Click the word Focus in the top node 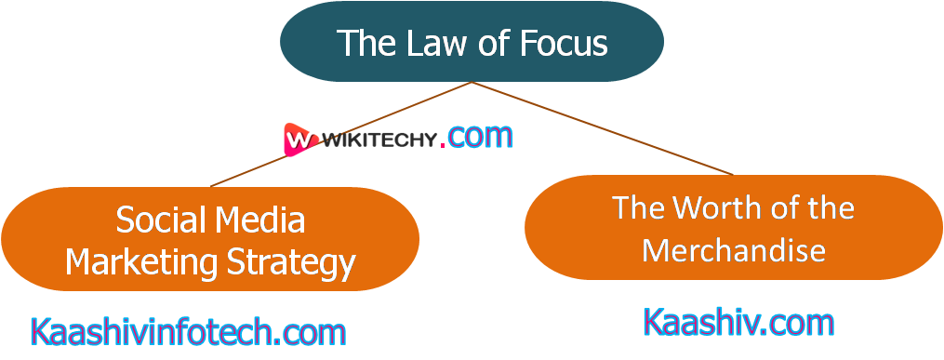(565, 43)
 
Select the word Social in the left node (160, 220)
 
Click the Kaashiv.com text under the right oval (738, 323)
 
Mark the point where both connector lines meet (472, 83)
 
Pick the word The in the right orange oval (638, 207)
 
